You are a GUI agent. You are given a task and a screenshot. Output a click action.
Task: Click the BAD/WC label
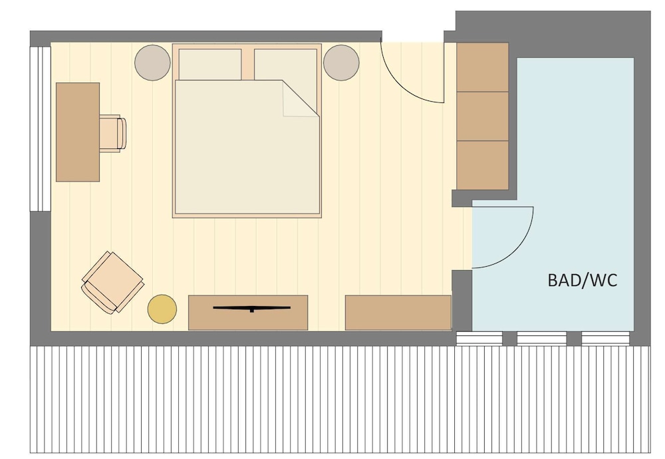pyautogui.click(x=583, y=281)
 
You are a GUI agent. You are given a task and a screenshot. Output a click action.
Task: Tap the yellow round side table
pyautogui.click(x=162, y=309)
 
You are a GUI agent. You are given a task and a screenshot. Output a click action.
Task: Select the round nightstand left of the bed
pyautogui.click(x=153, y=63)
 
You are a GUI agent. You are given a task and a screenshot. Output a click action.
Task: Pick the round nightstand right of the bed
pyautogui.click(x=341, y=63)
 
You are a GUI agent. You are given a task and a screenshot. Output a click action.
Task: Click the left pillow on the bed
pyautogui.click(x=210, y=65)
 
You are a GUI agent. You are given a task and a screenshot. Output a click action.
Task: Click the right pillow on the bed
pyautogui.click(x=286, y=72)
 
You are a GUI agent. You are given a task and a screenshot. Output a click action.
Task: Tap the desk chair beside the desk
pyautogui.click(x=112, y=133)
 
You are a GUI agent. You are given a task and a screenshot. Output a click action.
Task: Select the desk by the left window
pyautogui.click(x=78, y=132)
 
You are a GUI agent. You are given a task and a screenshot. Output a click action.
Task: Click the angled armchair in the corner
pyautogui.click(x=112, y=283)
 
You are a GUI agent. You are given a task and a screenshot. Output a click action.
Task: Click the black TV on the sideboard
pyautogui.click(x=252, y=309)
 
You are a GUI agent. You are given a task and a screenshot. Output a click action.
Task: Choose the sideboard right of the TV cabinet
pyautogui.click(x=398, y=313)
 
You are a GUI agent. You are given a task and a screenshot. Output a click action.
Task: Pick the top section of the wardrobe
pyautogui.click(x=483, y=67)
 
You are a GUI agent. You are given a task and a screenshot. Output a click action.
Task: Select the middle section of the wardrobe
pyautogui.click(x=483, y=116)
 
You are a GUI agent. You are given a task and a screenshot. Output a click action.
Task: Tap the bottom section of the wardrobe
pyautogui.click(x=483, y=165)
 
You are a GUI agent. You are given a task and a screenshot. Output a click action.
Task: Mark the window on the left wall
pyautogui.click(x=41, y=129)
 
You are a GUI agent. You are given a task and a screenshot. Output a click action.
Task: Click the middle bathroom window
pyautogui.click(x=541, y=339)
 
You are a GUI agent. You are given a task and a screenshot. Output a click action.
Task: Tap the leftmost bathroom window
pyautogui.click(x=479, y=339)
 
